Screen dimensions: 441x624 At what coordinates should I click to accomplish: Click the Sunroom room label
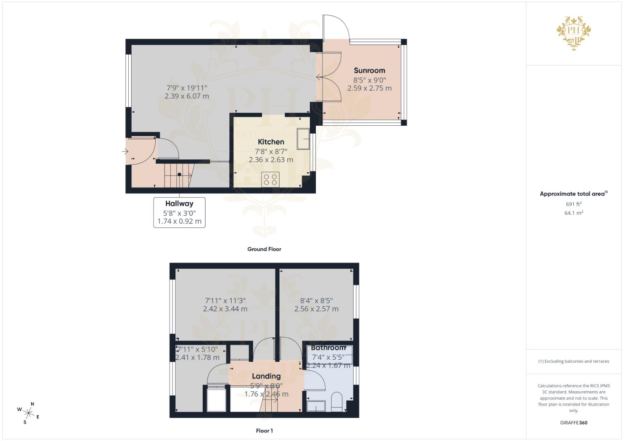[x=369, y=71]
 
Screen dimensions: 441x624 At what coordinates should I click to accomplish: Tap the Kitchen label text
[x=271, y=142]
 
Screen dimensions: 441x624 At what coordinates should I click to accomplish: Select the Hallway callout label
[x=179, y=203]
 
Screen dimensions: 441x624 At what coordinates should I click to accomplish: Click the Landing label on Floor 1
[x=266, y=376]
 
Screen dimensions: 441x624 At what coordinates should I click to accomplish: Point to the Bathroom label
[x=328, y=348]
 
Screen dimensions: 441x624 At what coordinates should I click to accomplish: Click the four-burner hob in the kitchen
[x=270, y=179]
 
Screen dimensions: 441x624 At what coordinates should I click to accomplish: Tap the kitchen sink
[x=303, y=139]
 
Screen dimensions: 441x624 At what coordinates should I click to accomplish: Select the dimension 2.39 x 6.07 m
[x=187, y=96]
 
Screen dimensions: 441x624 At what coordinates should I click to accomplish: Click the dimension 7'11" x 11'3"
[x=225, y=301]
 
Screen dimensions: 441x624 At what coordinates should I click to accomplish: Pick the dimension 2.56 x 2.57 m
[x=316, y=309]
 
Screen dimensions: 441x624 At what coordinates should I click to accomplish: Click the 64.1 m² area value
[x=573, y=213]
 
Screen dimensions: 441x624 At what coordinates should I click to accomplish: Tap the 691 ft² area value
[x=573, y=204]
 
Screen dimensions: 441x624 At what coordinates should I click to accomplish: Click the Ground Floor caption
[x=264, y=249]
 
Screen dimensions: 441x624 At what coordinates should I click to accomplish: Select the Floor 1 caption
[x=264, y=431]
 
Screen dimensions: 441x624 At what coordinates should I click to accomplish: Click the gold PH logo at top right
[x=574, y=33]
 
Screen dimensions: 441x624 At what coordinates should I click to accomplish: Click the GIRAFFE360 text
[x=573, y=423]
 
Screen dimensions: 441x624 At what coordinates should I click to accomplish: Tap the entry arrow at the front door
[x=125, y=152]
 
